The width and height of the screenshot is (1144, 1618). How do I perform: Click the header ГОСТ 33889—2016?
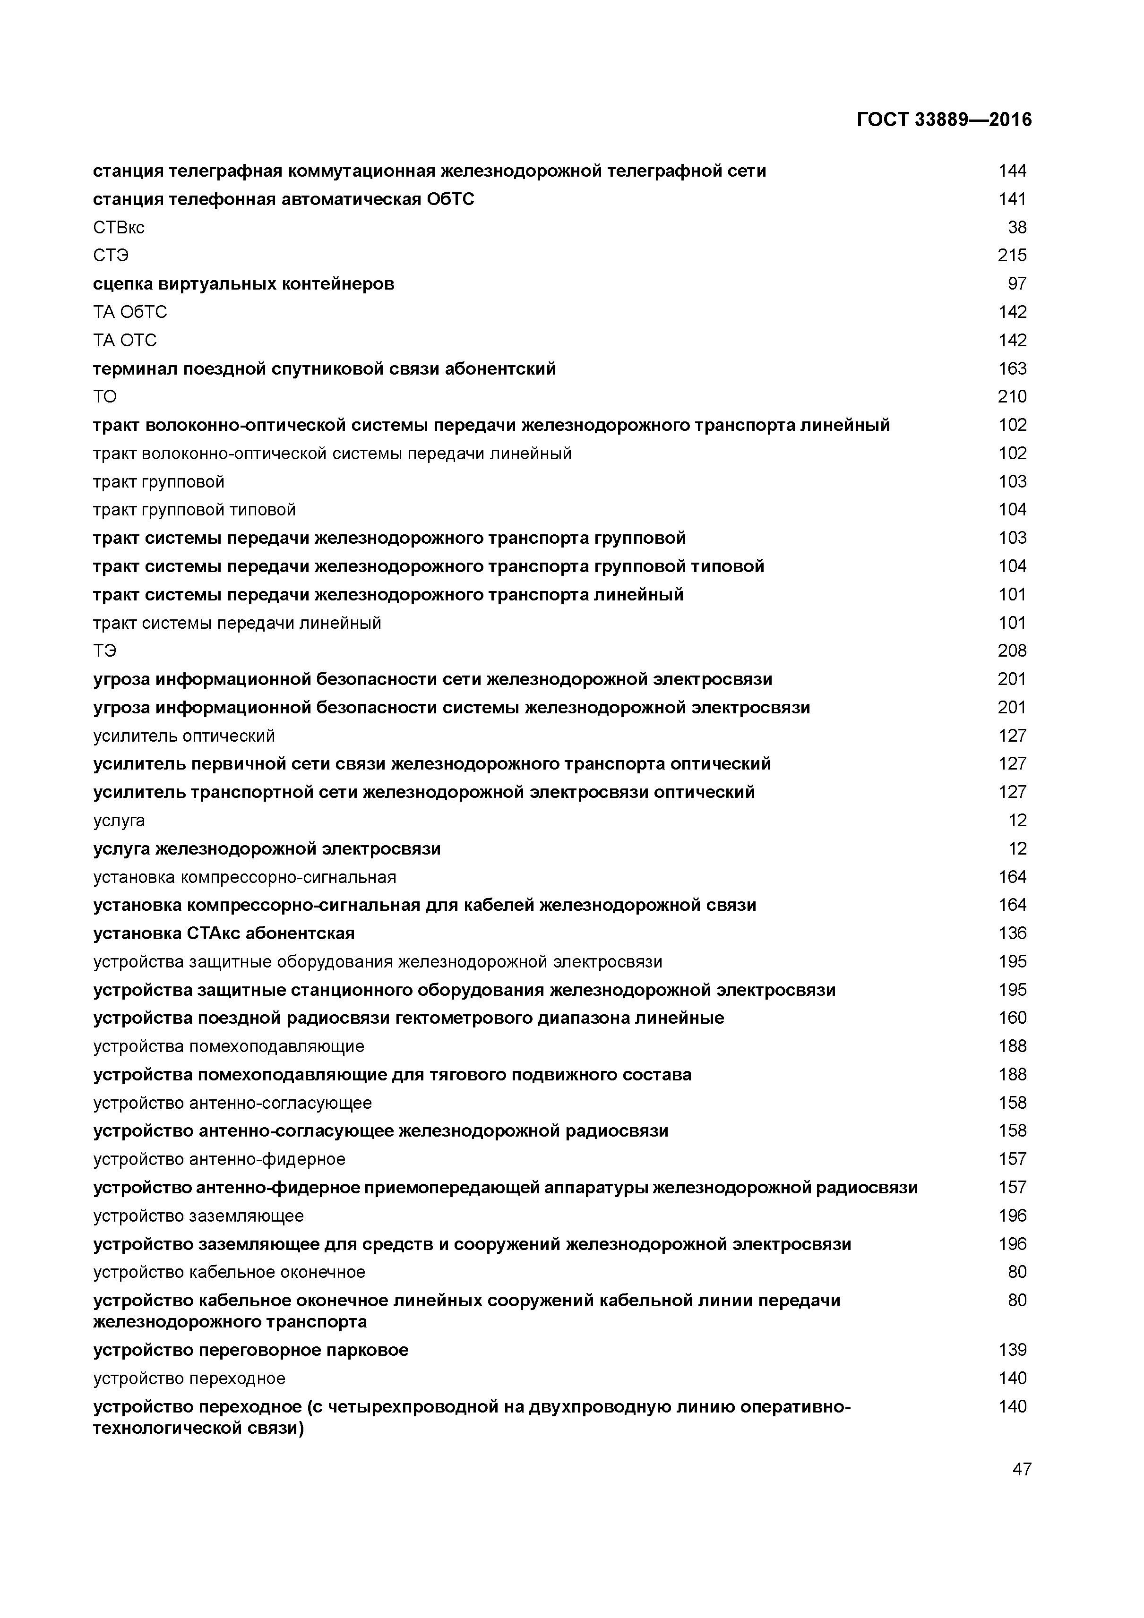[x=944, y=120]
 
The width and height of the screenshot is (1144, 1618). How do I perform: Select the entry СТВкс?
[x=119, y=228]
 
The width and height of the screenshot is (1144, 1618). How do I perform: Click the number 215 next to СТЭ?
[x=1012, y=256]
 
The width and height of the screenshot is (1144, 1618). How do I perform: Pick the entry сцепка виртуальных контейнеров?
[x=243, y=284]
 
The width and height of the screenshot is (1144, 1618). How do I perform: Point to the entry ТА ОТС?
[x=125, y=341]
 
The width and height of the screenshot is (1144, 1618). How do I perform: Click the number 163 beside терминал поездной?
[x=1012, y=368]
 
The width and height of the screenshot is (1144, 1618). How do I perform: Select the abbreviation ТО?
[x=105, y=397]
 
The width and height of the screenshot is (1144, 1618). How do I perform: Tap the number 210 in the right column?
[x=1012, y=397]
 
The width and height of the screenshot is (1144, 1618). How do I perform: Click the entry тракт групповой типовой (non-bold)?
[x=194, y=510]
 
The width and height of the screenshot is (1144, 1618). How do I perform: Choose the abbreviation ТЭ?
[x=105, y=651]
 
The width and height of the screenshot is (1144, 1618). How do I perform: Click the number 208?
[x=1012, y=651]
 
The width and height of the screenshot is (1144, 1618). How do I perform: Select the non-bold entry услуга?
[x=119, y=820]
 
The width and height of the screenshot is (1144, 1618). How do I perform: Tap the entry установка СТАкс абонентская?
[x=224, y=933]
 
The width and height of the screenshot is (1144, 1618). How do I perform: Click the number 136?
[x=1012, y=933]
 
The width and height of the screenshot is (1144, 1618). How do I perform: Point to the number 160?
[x=1012, y=1018]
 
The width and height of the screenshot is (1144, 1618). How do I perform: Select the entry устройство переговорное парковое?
[x=250, y=1350]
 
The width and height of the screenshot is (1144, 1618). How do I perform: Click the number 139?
[x=1012, y=1350]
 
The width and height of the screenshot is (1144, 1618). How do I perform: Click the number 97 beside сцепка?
[x=1017, y=284]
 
